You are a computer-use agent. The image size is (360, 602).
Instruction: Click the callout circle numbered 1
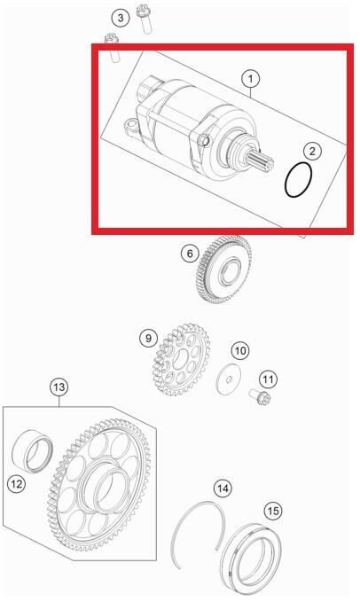coord(251,79)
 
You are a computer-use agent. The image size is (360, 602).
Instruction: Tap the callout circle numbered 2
coord(312,151)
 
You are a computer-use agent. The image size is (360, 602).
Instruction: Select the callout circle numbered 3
coord(121,18)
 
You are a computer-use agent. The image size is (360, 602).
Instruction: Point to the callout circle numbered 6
coord(190,254)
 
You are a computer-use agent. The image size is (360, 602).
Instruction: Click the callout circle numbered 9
coord(149,338)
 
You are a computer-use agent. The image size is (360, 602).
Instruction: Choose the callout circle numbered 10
coord(240,350)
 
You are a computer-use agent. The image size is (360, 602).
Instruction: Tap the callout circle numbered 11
coord(268,379)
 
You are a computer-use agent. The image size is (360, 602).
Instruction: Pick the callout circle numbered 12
coord(17,484)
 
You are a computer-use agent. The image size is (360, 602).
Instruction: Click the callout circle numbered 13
coord(59,387)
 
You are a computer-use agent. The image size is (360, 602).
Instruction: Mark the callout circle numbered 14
coord(223,489)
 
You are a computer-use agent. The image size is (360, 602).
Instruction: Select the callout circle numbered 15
coord(273,511)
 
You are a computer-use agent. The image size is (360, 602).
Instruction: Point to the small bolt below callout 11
coord(260,397)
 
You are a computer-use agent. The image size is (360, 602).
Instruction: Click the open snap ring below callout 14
coord(174,537)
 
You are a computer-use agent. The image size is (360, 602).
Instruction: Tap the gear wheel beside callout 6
coord(223,270)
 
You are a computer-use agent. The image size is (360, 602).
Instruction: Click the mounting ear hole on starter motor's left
coord(131,124)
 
